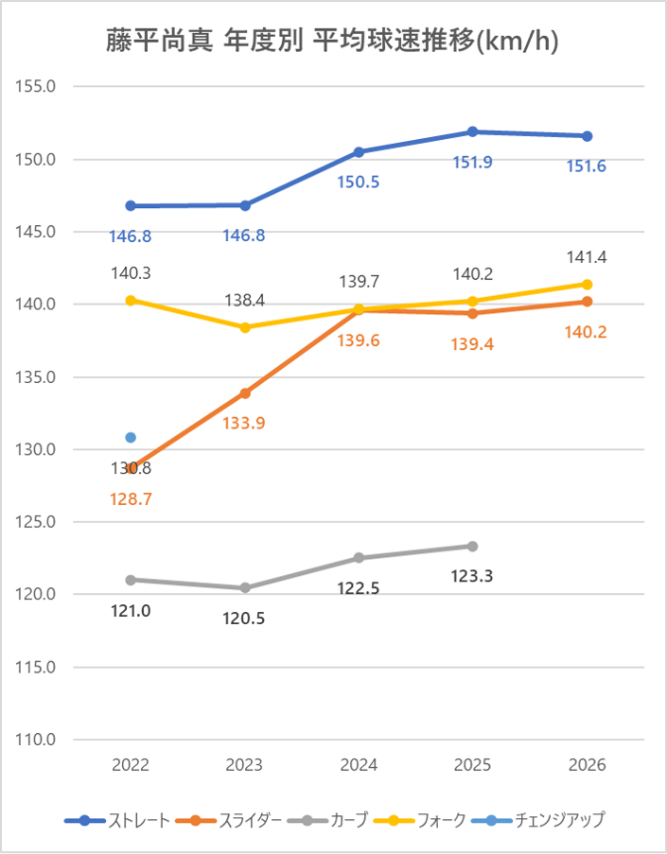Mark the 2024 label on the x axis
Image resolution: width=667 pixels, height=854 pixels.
[359, 764]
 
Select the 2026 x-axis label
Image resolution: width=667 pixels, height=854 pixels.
[587, 764]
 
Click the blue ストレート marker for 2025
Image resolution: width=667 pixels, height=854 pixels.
[473, 131]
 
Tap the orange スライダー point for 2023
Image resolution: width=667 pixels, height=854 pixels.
[245, 392]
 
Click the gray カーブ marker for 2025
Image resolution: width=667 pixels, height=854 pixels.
[473, 547]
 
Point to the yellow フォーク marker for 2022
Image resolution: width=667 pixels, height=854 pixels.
[131, 300]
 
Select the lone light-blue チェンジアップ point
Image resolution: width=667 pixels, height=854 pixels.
[131, 438]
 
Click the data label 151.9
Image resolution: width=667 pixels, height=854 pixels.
[473, 162]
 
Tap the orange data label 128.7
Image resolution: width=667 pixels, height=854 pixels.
[131, 497]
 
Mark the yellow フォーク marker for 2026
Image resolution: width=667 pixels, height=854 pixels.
[587, 284]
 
